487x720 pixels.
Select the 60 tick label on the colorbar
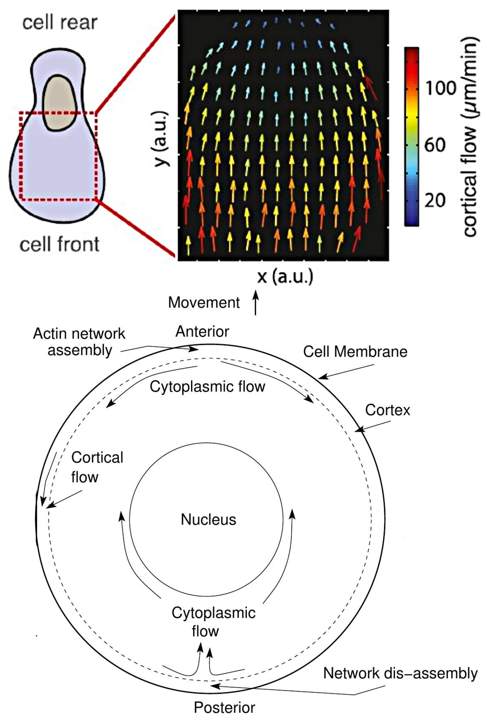point(435,145)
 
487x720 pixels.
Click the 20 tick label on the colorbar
point(435,201)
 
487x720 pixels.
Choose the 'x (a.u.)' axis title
point(285,277)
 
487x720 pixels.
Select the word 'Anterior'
point(202,332)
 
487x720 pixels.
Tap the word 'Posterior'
point(224,708)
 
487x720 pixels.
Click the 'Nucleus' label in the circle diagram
point(208,520)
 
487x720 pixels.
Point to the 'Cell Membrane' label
point(355,352)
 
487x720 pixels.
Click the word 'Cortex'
point(387,410)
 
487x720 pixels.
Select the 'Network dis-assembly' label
point(400,673)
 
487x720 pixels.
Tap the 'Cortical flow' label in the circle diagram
point(97,467)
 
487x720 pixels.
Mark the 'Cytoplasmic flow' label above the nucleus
point(207,387)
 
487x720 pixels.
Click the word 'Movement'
point(204,302)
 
